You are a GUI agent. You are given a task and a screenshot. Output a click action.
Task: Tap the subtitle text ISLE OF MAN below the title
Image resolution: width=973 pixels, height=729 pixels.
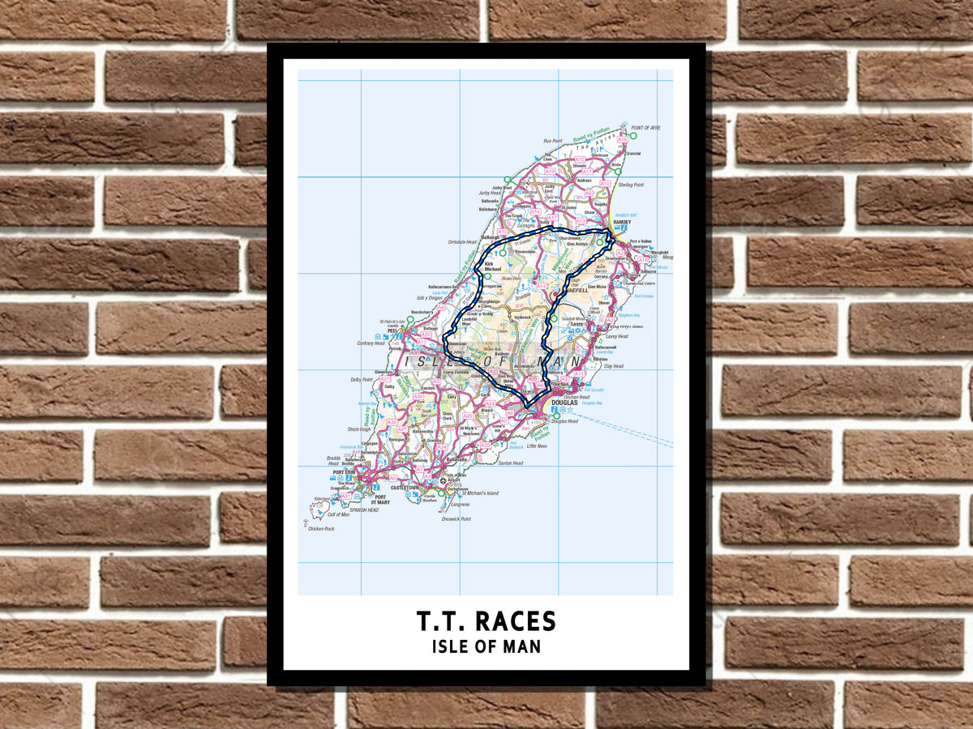(x=486, y=647)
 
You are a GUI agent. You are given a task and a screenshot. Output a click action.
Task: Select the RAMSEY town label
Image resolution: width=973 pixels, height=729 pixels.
(x=623, y=221)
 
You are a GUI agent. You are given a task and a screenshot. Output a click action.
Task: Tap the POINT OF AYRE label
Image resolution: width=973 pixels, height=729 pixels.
(x=645, y=128)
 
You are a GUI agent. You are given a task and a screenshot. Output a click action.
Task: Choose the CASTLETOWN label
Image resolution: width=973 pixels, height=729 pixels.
(x=405, y=488)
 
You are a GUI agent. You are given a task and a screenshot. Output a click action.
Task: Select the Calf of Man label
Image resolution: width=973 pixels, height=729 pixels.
(x=338, y=514)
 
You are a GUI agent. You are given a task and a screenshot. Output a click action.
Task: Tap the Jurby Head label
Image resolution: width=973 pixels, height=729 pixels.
(x=490, y=193)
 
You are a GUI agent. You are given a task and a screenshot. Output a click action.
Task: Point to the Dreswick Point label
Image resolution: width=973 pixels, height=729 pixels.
(x=455, y=518)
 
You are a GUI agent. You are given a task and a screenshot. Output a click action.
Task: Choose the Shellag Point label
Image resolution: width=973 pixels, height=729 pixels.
(x=637, y=185)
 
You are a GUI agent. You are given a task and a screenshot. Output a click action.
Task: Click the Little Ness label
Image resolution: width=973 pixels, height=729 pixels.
(x=538, y=446)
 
